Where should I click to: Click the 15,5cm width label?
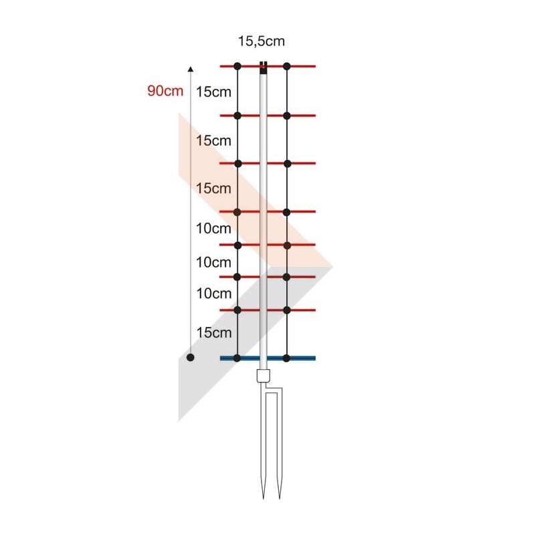(x=261, y=41)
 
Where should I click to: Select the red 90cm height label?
(x=165, y=91)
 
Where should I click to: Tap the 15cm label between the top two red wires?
(x=213, y=92)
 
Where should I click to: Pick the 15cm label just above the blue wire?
(x=214, y=332)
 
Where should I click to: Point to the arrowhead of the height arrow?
(x=191, y=70)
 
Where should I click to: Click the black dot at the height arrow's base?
(x=191, y=358)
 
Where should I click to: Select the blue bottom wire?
(x=267, y=358)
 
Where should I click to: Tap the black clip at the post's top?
(x=263, y=68)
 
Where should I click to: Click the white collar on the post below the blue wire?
(x=263, y=376)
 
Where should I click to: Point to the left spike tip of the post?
(x=263, y=499)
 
